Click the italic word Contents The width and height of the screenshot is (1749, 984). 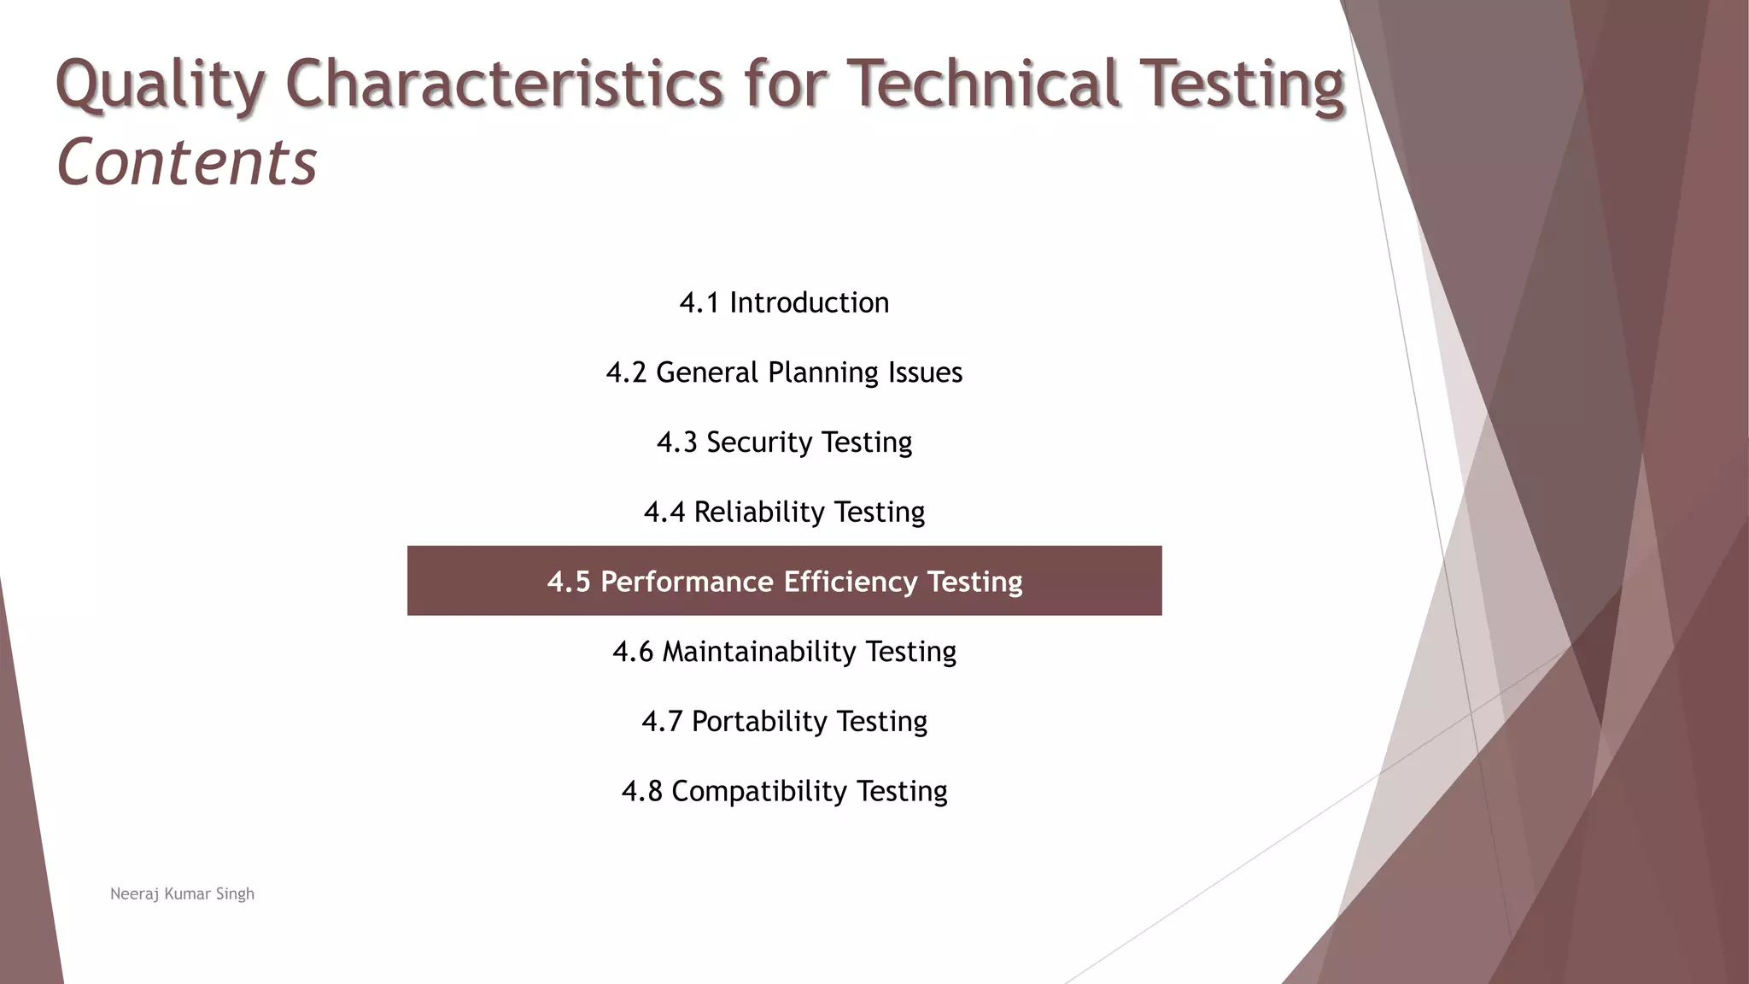click(186, 162)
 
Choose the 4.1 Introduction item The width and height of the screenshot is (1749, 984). click(784, 302)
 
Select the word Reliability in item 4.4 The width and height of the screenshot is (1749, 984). click(758, 512)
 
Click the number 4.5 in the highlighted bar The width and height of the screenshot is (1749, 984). click(569, 582)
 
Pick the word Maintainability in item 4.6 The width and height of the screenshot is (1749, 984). click(759, 652)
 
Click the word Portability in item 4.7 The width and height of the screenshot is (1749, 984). click(759, 722)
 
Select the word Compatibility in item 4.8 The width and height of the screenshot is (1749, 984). click(759, 792)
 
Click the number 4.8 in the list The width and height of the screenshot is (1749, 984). click(641, 792)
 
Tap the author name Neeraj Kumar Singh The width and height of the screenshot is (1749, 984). click(182, 894)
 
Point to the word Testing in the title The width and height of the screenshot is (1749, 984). click(1242, 85)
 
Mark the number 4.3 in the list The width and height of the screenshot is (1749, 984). click(676, 442)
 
